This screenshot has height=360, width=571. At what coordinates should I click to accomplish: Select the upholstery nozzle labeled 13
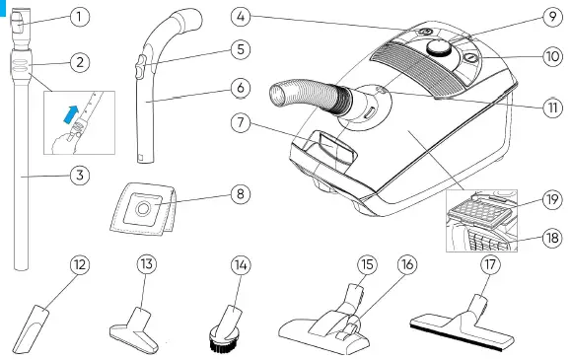tap(134, 319)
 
